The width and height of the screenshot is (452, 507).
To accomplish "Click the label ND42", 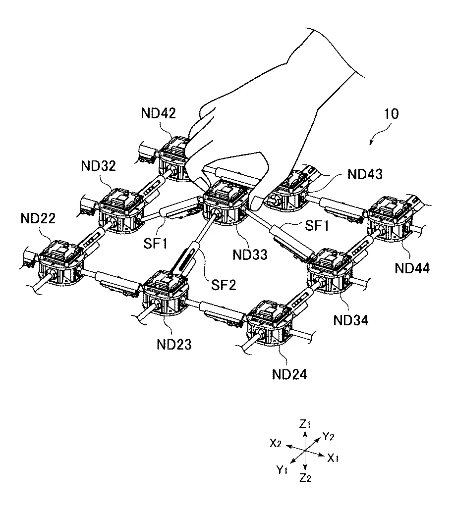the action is point(158,113).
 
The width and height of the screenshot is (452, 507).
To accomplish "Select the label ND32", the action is point(99,166).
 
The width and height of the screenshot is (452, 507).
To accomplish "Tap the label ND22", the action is point(38,218).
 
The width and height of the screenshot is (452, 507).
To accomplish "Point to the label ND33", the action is point(250,255).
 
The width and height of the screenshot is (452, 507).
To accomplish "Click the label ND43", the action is point(365,174).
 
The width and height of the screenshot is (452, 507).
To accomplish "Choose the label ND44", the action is point(412,268).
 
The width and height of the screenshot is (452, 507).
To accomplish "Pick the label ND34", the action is point(351,320).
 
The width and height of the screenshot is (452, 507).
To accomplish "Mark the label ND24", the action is point(289,374).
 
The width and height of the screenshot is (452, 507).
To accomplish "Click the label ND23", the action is point(174,345).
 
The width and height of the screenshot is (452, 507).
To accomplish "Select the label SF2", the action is point(224,285).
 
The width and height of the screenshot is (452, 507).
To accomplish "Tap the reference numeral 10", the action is point(391,114).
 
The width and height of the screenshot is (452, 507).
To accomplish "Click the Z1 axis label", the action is point(305,424).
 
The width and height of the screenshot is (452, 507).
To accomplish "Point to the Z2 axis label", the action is point(305,478).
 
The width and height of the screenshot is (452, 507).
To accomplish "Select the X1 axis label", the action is point(333,458).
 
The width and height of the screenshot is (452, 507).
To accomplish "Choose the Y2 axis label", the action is point(328,437).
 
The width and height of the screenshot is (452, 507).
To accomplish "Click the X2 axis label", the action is point(276,443).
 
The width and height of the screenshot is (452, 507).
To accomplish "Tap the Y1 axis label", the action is point(282,470).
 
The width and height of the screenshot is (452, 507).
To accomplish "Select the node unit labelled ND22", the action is point(61,262).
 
